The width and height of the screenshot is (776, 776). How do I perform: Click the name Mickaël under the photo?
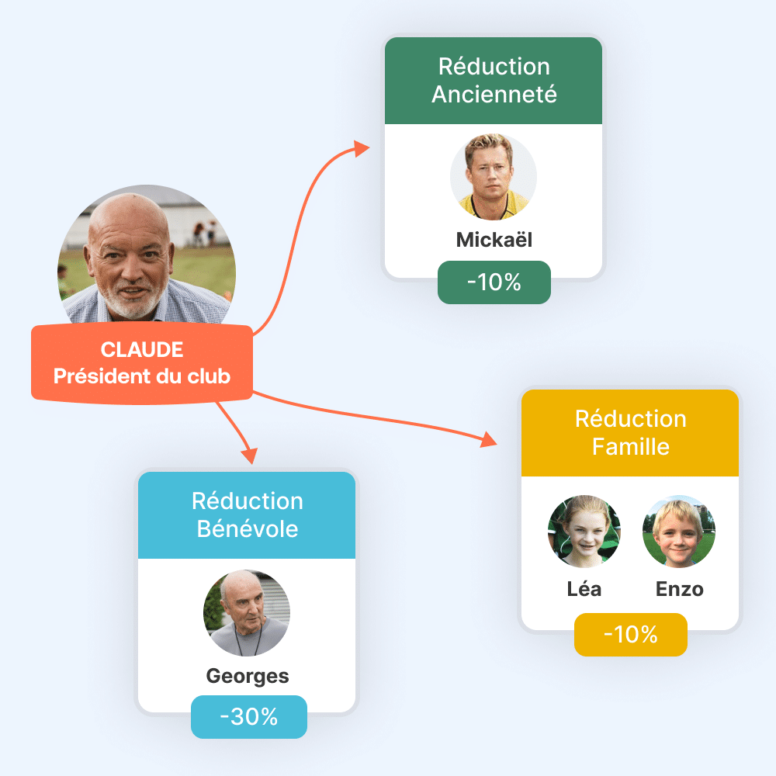494,240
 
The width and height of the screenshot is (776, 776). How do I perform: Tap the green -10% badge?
494,282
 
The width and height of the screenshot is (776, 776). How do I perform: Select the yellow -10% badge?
630,635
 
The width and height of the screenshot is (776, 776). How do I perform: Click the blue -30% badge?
249,716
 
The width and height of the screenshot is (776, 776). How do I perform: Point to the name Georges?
248,676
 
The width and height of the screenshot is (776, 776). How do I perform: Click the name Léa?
584,589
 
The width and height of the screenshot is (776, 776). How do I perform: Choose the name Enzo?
679,589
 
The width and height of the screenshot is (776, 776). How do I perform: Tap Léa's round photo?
584,532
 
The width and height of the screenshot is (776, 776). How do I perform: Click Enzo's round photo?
679,532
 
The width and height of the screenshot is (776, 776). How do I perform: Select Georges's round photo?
247,613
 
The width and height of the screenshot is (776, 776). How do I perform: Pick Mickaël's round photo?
494,176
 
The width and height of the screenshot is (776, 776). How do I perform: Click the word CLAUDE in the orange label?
142,350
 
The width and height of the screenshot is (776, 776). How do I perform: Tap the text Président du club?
142,376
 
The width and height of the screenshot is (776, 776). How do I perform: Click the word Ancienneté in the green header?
494,94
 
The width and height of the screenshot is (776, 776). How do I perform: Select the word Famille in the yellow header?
630,446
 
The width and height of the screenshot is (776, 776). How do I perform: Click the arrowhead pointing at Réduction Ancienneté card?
362,148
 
